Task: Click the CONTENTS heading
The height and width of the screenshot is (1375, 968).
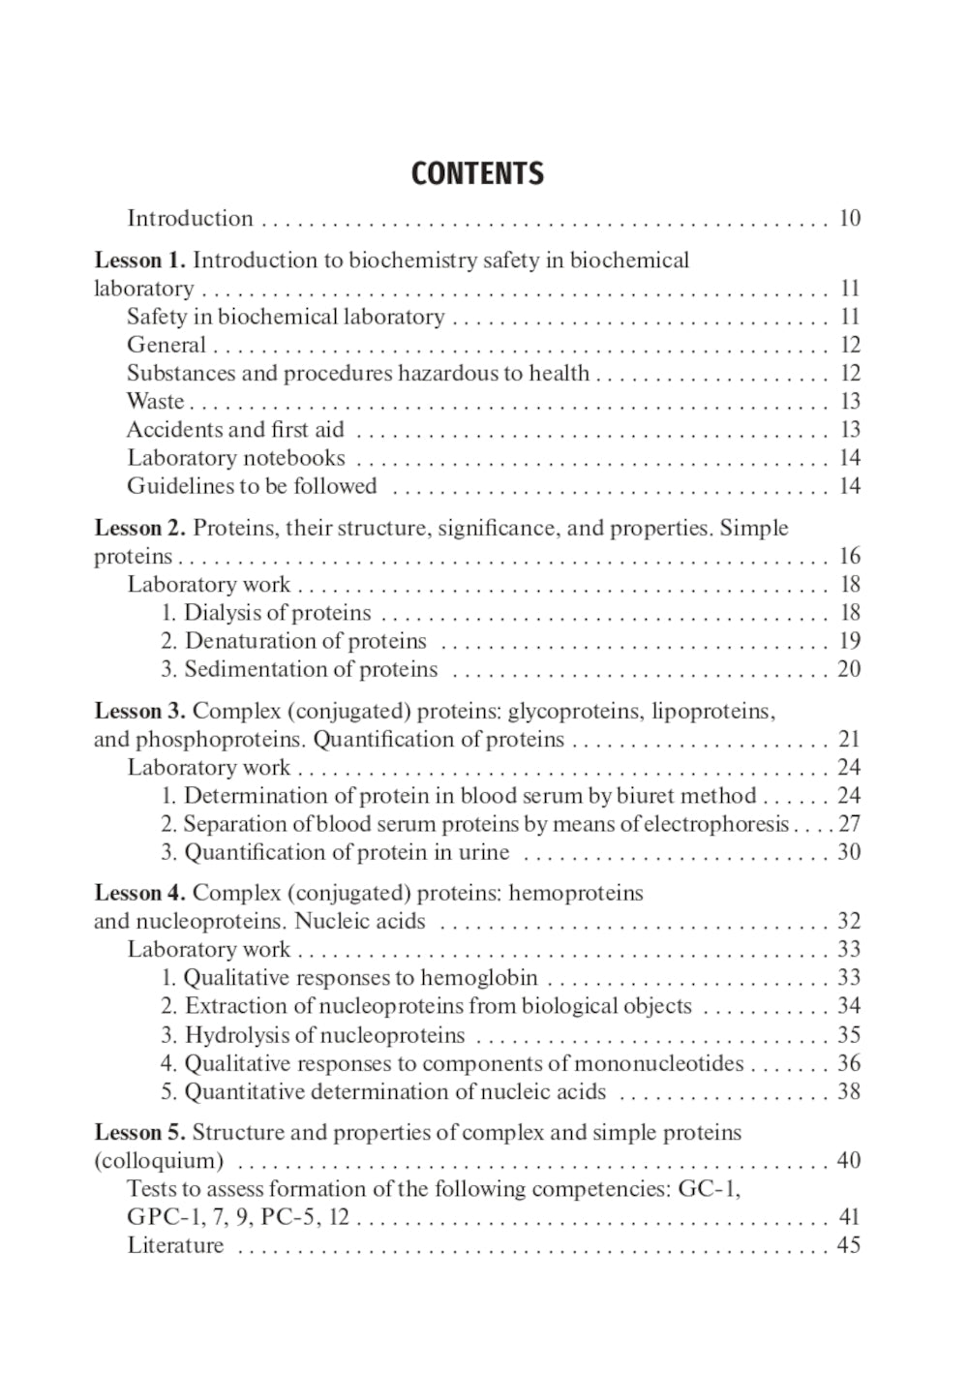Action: pyautogui.click(x=477, y=174)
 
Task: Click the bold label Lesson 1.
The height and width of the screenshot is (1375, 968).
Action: pyautogui.click(x=139, y=260)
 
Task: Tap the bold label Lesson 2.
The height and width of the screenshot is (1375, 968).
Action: pyautogui.click(x=139, y=529)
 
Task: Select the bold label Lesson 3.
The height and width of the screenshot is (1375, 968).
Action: pyautogui.click(x=139, y=712)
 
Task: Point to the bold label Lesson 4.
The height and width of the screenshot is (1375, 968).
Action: pyautogui.click(x=139, y=893)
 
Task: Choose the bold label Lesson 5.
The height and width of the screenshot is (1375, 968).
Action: pyautogui.click(x=139, y=1133)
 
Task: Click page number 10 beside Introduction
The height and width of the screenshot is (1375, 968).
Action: pyautogui.click(x=849, y=219)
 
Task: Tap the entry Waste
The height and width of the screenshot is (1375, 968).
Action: pyautogui.click(x=156, y=402)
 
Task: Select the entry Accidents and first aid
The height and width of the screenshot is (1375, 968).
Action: pyautogui.click(x=235, y=430)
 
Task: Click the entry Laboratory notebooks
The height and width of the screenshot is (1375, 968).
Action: pyautogui.click(x=236, y=458)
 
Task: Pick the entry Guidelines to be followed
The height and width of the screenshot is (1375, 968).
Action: pyautogui.click(x=252, y=486)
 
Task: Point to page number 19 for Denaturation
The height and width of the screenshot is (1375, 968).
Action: pyautogui.click(x=849, y=641)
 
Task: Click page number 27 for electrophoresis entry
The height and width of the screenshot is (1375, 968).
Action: pyautogui.click(x=849, y=824)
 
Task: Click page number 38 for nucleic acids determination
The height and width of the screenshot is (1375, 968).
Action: pyautogui.click(x=849, y=1091)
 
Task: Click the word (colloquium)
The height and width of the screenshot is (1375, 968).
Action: pyautogui.click(x=159, y=1161)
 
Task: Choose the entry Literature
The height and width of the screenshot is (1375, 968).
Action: pyautogui.click(x=175, y=1245)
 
